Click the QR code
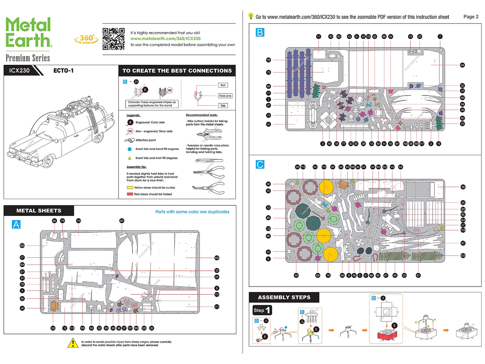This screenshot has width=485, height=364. pyautogui.click(x=113, y=39)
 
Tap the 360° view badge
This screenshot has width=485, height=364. pyautogui.click(x=86, y=39)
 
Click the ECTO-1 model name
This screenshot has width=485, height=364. pyautogui.click(x=63, y=71)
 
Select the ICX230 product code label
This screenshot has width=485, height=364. pyautogui.click(x=19, y=71)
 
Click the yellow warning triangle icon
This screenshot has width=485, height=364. pyautogui.click(x=73, y=343)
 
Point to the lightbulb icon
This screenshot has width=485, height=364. pyautogui.click(x=251, y=16)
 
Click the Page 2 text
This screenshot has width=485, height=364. pyautogui.click(x=471, y=16)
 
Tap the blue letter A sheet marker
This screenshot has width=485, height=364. pyautogui.click(x=16, y=224)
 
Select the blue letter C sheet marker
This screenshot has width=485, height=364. pyautogui.click(x=260, y=165)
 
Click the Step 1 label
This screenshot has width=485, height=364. pyautogui.click(x=262, y=310)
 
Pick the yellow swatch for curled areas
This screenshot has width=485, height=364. pyautogui.click(x=130, y=188)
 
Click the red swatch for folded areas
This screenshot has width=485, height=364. pyautogui.click(x=130, y=194)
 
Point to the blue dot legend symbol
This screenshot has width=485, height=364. pyautogui.click(x=130, y=149)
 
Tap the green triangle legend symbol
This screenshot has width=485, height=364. pyautogui.click(x=130, y=158)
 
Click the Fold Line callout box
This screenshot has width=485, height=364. pyautogui.click(x=225, y=96)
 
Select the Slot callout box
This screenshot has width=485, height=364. pyautogui.click(x=223, y=85)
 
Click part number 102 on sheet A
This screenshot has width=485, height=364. pyautogui.click(x=217, y=258)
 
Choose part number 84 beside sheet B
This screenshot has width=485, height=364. pyautogui.click(x=462, y=65)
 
